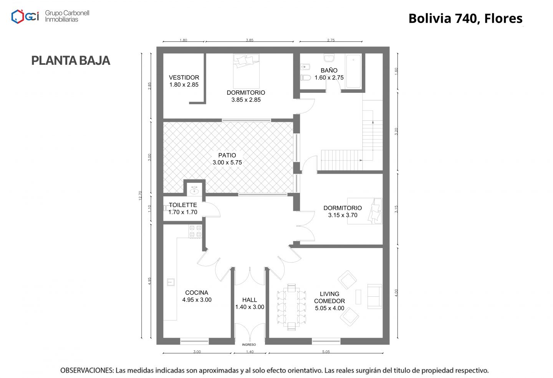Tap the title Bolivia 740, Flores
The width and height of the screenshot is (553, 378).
point(465,18)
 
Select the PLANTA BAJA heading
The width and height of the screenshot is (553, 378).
point(71,61)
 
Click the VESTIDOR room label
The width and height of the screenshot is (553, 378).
point(184,77)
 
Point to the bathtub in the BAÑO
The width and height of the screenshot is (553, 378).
point(353,71)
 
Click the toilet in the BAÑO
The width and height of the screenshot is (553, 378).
point(306,78)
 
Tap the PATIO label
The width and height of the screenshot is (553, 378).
point(227,156)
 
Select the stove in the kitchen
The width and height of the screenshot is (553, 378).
point(195,231)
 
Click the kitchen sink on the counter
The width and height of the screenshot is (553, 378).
point(171,282)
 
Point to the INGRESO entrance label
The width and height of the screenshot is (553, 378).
point(249,345)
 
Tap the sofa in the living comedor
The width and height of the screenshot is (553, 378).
point(374,296)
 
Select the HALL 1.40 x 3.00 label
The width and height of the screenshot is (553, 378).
point(250,303)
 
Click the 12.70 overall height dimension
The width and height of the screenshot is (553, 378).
point(140,196)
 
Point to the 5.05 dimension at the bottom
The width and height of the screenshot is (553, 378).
point(326,352)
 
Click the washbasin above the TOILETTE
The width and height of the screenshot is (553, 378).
point(195,190)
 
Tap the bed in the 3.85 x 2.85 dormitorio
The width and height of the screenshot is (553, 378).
point(246,71)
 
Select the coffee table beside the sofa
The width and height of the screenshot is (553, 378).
point(358,297)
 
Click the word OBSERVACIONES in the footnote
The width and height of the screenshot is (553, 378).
point(87,370)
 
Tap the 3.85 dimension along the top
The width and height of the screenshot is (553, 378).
point(250,40)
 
